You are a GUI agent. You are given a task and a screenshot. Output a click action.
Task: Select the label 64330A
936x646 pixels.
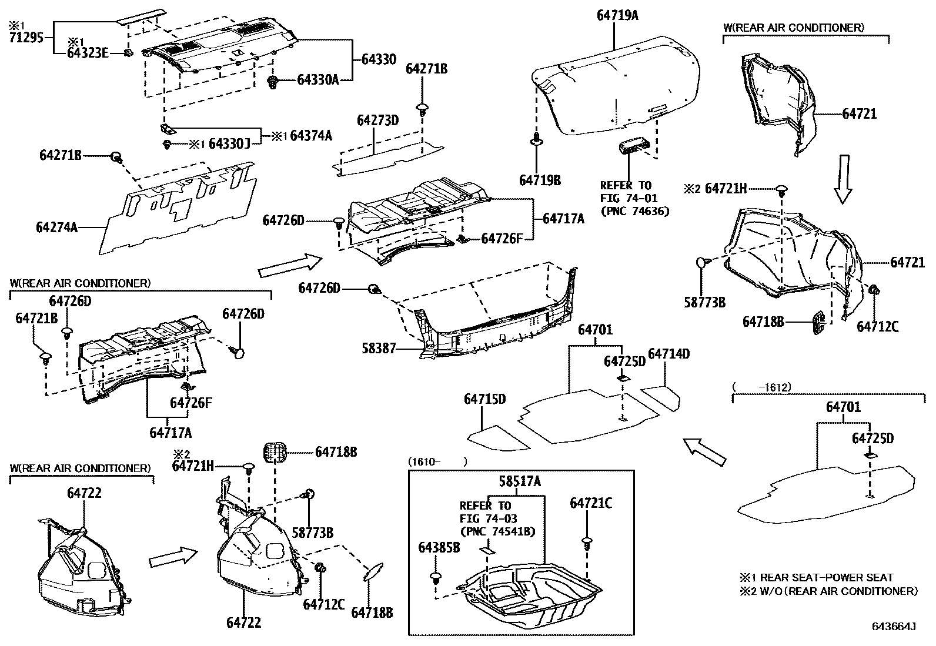click(x=317, y=79)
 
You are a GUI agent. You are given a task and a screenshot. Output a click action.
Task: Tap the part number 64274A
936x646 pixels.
click(x=57, y=227)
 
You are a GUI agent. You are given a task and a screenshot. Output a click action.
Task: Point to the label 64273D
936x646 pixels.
click(x=377, y=121)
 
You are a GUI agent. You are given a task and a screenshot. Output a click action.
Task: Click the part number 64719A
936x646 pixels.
click(x=617, y=16)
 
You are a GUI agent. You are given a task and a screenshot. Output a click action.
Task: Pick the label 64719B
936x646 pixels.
click(x=539, y=180)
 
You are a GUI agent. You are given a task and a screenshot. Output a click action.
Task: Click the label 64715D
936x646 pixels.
click(x=484, y=399)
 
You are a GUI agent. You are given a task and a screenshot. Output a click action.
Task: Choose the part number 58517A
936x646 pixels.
click(x=519, y=481)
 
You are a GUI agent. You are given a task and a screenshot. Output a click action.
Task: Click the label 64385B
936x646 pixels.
click(x=439, y=547)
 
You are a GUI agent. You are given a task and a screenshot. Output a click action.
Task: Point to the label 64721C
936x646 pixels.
click(x=590, y=503)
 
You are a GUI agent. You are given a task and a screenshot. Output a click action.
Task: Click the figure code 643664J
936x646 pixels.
click(x=894, y=627)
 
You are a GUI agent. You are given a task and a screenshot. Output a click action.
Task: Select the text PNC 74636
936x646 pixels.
click(x=634, y=211)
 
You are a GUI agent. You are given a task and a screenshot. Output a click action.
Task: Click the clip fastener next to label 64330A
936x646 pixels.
click(x=273, y=82)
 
